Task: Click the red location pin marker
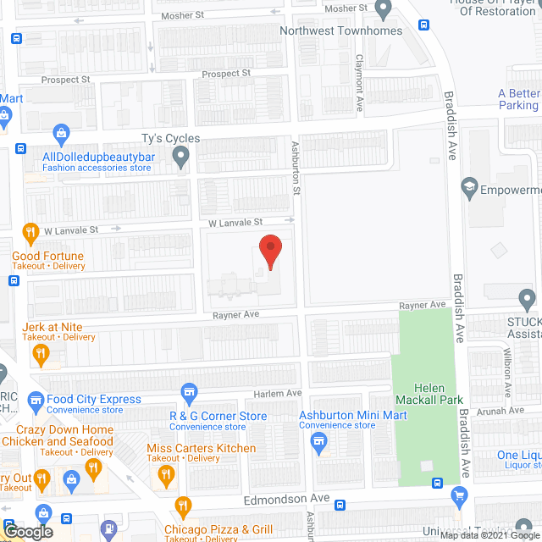pyautogui.click(x=269, y=252)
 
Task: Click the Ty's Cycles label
pyautogui.click(x=170, y=138)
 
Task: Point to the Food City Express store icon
pyautogui.click(x=36, y=399)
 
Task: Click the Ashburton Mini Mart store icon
pyautogui.click(x=318, y=440)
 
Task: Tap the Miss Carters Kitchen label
pyautogui.click(x=202, y=448)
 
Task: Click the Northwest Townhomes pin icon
pyautogui.click(x=383, y=11)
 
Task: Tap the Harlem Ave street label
pyautogui.click(x=278, y=394)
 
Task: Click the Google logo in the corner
pyautogui.click(x=28, y=531)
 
